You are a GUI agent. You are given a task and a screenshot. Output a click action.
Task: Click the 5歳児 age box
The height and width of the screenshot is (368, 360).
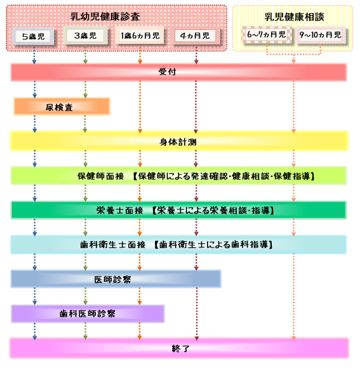[33, 36]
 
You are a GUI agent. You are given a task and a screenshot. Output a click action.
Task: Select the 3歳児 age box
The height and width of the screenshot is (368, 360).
[85, 36]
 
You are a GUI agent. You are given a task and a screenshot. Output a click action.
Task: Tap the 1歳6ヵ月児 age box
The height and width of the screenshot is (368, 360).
[140, 36]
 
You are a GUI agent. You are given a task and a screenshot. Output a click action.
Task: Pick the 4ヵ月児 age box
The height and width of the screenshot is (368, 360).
[195, 36]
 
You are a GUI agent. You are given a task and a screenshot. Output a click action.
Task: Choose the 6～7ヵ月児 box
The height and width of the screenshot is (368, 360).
[267, 35]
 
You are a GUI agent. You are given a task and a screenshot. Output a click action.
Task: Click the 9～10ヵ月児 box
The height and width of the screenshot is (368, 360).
[320, 35]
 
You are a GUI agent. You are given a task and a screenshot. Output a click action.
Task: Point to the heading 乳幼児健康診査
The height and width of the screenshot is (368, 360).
[105, 16]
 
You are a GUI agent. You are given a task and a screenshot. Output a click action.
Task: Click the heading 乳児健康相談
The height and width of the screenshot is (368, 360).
[294, 17]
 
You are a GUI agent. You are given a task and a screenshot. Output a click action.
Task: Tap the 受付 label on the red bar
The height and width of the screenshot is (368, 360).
[167, 72]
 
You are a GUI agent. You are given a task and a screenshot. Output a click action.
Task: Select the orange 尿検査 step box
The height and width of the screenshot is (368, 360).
[62, 107]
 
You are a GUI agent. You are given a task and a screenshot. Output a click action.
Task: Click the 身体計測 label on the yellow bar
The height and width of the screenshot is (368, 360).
[178, 141]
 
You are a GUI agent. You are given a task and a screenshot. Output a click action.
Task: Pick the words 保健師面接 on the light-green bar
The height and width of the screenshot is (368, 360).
[101, 176]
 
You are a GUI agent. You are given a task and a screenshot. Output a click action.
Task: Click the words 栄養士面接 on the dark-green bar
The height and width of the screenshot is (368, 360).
[120, 210]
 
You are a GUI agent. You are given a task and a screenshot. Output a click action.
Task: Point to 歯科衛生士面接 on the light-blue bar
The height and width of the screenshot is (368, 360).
[113, 245]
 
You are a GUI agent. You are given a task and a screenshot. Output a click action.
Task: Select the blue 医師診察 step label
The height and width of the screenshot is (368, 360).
[112, 279]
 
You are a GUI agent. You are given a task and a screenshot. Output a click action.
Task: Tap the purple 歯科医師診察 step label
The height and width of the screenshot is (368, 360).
[88, 313]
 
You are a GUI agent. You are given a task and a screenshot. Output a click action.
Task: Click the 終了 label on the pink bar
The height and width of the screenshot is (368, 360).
[180, 348]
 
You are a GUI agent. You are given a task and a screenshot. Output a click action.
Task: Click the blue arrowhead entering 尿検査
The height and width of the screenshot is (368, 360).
[34, 96]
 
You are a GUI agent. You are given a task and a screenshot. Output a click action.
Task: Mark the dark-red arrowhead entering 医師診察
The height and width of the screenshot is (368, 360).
[196, 268]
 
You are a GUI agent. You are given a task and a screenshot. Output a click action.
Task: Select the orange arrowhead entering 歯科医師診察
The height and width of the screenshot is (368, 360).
[140, 303]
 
